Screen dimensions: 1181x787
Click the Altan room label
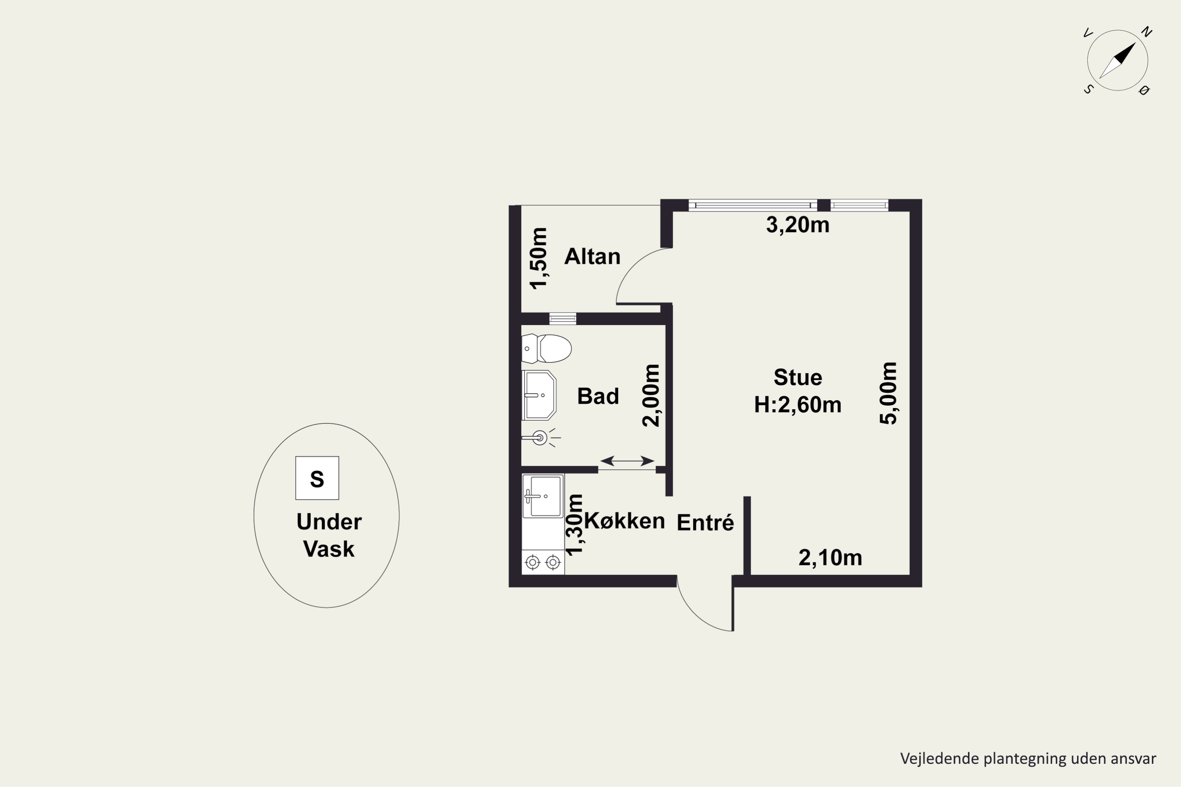[592, 257]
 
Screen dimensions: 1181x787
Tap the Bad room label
[598, 396]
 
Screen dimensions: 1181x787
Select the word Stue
[798, 377]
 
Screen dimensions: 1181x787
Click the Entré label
[705, 523]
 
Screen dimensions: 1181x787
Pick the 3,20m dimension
[798, 225]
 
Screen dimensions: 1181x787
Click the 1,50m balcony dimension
[539, 258]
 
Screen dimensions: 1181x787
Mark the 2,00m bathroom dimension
[651, 395]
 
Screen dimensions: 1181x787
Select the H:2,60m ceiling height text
[798, 405]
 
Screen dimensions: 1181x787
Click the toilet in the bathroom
[546, 348]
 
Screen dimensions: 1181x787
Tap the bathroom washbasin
[539, 395]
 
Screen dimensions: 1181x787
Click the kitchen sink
[543, 496]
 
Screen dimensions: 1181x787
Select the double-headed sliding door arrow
[627, 461]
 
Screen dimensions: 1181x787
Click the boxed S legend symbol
[317, 478]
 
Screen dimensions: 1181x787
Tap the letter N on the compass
[1146, 32]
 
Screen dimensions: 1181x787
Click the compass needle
[1117, 60]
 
